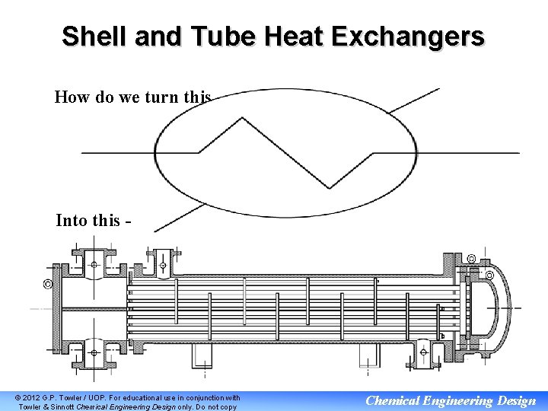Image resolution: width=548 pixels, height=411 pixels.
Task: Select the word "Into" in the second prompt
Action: [x=72, y=221]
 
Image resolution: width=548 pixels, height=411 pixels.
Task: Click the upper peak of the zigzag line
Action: [x=242, y=119]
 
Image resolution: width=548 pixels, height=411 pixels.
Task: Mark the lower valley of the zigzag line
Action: [x=329, y=187]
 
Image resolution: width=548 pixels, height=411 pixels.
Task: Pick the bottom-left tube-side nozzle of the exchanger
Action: [x=94, y=352]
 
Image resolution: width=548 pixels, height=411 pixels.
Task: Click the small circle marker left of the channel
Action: [x=47, y=285]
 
